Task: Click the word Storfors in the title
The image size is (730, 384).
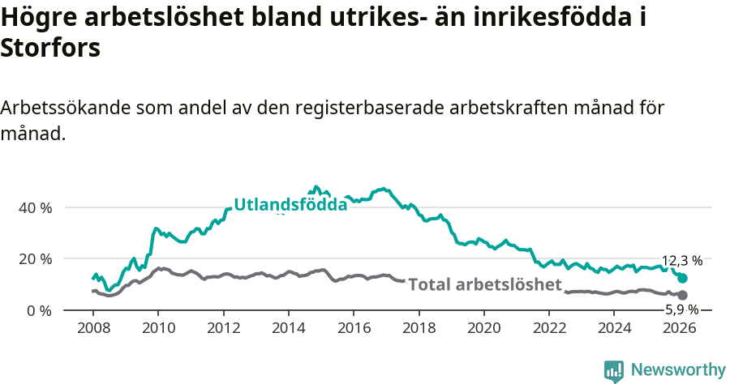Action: [50, 49]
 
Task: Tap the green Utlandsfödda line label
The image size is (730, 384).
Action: [290, 205]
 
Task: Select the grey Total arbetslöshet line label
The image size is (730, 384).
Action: [485, 284]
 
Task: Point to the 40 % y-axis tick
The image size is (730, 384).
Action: [36, 207]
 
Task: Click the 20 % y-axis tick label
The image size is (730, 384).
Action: [36, 259]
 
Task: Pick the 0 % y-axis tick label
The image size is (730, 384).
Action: [40, 311]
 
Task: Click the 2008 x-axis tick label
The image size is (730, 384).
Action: [92, 328]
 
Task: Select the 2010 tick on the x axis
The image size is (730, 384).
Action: [157, 328]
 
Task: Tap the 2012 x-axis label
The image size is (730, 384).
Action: [223, 328]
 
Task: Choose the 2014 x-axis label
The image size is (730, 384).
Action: [288, 328]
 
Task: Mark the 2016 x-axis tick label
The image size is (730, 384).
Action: [354, 328]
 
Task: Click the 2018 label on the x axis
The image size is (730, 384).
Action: [419, 328]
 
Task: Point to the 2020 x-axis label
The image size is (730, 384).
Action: [484, 328]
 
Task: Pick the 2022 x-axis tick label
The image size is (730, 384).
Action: [549, 328]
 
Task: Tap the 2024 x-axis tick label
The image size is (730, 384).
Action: [615, 328]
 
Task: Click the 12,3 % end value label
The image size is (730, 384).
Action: [681, 261]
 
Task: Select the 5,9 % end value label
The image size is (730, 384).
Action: [681, 309]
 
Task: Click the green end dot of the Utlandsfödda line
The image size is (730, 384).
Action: [682, 278]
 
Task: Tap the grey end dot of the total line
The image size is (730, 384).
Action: [682, 295]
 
